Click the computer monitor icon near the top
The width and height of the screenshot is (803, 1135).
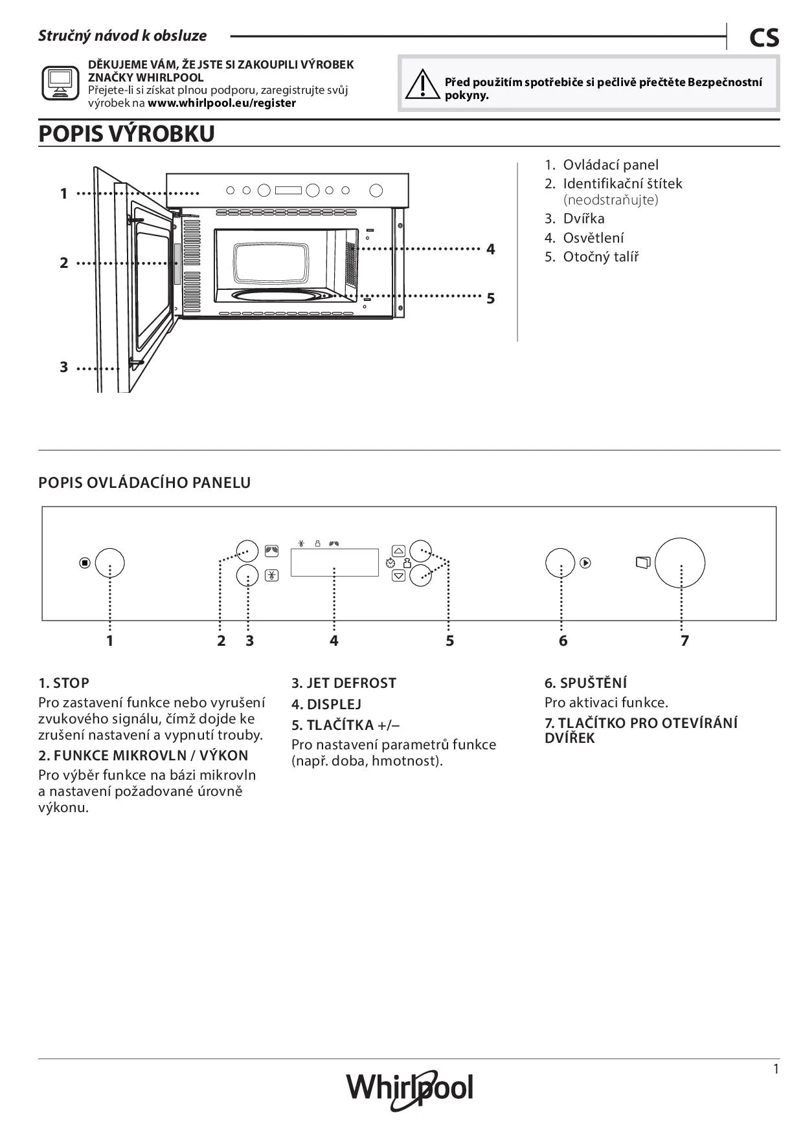coord(60,83)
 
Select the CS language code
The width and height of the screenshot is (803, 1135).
coord(764,38)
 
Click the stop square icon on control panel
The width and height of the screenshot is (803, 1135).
coord(84,563)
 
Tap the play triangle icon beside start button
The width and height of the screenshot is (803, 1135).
coord(585,563)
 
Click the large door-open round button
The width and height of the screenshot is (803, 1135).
coord(679,562)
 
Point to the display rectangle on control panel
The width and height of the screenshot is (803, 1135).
coord(334,562)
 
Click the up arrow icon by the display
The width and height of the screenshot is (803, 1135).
coord(399,551)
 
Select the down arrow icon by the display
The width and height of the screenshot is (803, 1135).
coord(399,575)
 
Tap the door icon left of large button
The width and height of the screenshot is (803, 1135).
coord(642,562)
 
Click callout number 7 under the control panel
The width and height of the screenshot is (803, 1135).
coord(684,641)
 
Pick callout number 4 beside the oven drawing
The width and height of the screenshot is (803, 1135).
coord(490,249)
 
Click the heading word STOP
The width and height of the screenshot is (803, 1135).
coord(71,683)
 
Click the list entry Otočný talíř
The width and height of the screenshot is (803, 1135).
coord(600,257)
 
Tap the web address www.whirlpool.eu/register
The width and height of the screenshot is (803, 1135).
coord(221,103)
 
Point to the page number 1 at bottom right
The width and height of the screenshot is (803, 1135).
coord(776,1069)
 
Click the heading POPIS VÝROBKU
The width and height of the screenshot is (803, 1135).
coord(127,134)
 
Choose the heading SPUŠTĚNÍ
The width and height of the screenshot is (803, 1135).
coord(593,683)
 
